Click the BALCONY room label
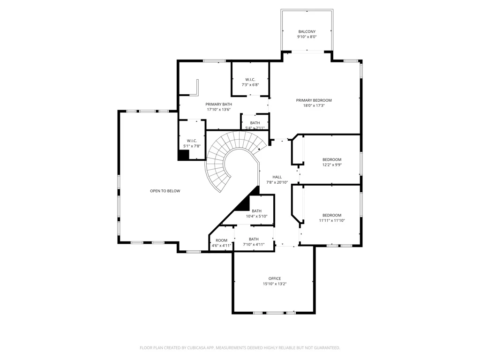(307, 31)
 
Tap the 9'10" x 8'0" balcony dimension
(307, 37)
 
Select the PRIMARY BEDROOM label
(314, 100)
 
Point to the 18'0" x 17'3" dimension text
(314, 105)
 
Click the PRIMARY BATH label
(218, 105)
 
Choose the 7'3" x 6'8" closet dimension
(250, 85)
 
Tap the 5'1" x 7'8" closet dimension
(192, 146)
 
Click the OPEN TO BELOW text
(165, 191)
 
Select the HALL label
(277, 177)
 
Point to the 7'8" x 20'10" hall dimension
(277, 182)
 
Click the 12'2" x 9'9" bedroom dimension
(332, 165)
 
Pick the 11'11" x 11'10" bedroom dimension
(332, 220)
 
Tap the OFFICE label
(275, 278)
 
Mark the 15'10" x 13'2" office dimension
(275, 284)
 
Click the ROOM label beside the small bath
(221, 240)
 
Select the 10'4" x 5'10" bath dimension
(256, 217)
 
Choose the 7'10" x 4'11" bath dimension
(254, 245)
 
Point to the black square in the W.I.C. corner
(183, 155)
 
